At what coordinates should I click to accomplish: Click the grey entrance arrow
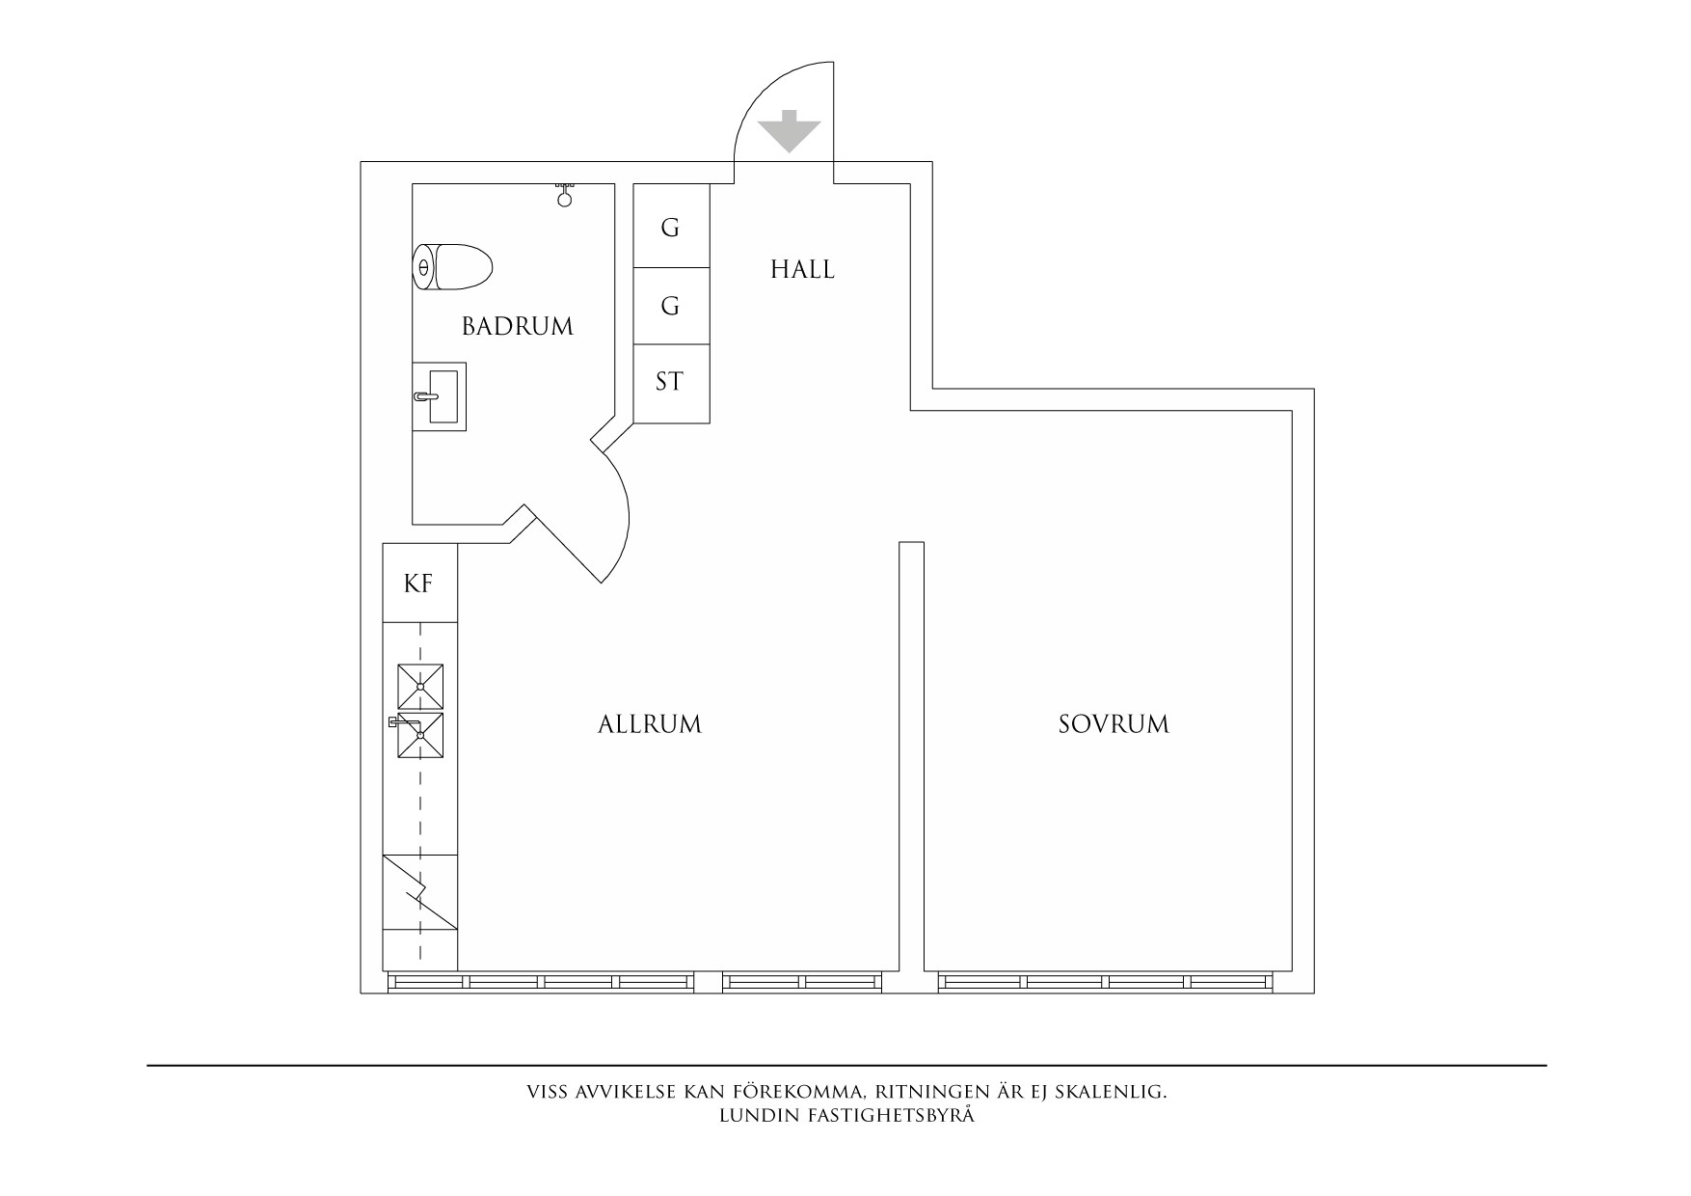[789, 132]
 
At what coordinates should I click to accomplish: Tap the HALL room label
[802, 269]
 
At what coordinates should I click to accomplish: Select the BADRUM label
[518, 327]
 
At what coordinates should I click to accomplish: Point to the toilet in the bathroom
[452, 267]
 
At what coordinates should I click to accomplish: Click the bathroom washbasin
[440, 396]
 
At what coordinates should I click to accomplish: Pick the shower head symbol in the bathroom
[565, 194]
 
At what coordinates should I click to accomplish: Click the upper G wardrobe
[671, 226]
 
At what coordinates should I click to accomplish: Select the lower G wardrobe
[671, 306]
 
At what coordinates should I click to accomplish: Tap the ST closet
[671, 383]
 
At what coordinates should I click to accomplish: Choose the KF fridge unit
[419, 584]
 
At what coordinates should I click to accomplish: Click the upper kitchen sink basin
[421, 687]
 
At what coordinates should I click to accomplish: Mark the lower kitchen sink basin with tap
[419, 736]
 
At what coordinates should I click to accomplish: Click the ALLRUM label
[650, 724]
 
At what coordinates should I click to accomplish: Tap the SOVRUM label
[1114, 724]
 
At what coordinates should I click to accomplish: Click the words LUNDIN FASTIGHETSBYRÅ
[847, 1116]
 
